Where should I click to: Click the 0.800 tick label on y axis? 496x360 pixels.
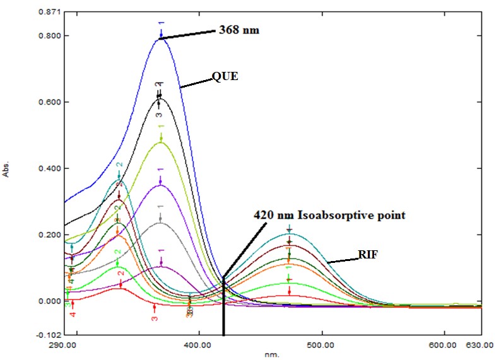50,36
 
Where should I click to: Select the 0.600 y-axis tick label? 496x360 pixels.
50,102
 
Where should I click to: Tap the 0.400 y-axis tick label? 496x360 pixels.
50,169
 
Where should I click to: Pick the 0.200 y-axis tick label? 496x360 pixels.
50,235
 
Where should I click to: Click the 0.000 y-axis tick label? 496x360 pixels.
50,301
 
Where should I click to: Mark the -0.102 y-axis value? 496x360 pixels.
50,335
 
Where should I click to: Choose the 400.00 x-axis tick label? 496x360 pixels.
199,345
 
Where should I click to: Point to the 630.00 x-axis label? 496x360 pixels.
480,345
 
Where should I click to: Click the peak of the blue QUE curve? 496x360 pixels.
160,38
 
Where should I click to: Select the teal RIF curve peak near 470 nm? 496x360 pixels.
289,234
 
